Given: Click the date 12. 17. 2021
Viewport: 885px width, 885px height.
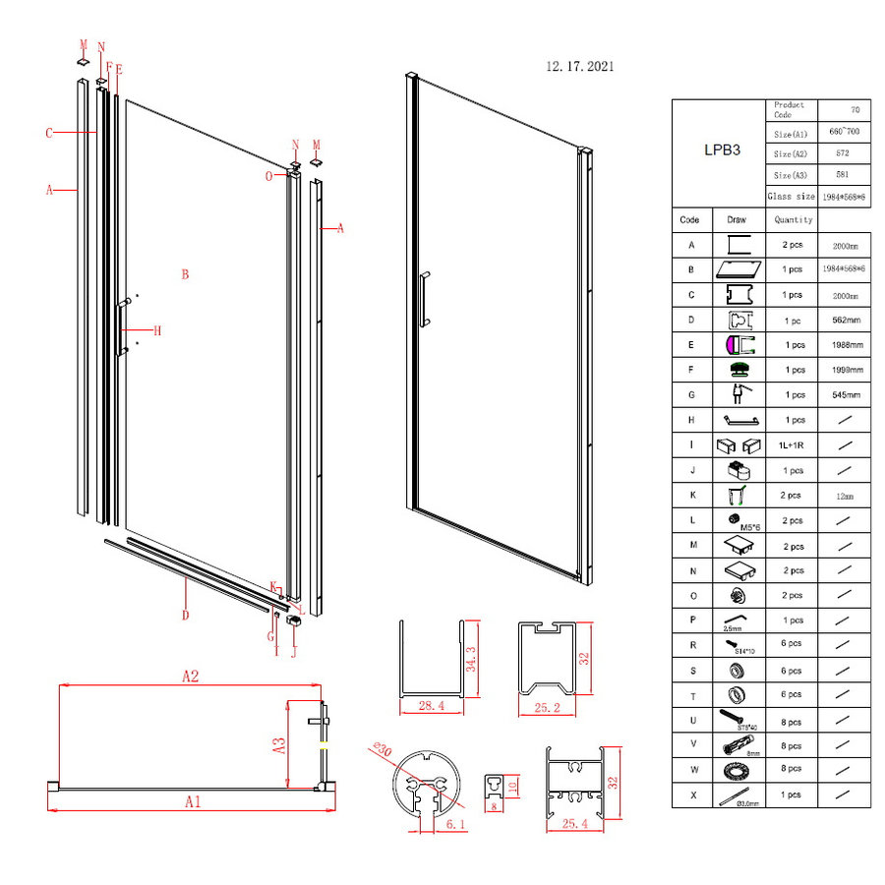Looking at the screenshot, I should [x=581, y=67].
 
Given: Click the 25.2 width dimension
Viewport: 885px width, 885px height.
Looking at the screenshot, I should [x=547, y=706].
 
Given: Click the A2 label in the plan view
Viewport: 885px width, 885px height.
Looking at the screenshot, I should [x=190, y=676].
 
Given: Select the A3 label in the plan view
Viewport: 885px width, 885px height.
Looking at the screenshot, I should [x=278, y=745].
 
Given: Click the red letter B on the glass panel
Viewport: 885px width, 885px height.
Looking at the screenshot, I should [x=184, y=274].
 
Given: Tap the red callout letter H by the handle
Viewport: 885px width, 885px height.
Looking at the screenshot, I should [x=156, y=330].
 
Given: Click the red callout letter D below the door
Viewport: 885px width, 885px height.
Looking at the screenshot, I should [x=186, y=616].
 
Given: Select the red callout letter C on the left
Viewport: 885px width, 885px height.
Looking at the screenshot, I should [x=47, y=132].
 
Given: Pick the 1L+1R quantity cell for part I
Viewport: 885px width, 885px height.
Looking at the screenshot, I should [x=792, y=445].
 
